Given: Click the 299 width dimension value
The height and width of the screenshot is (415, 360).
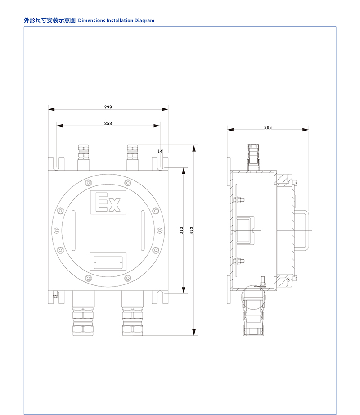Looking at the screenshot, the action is [108, 107].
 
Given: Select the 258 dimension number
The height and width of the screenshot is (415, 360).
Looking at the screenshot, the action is [108, 123].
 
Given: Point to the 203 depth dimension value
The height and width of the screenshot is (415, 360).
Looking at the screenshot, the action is [268, 127].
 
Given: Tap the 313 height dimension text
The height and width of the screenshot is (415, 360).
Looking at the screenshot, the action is [181, 230].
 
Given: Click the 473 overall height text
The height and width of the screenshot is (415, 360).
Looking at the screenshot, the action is [192, 230].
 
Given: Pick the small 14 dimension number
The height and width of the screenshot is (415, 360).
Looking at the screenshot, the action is [160, 151].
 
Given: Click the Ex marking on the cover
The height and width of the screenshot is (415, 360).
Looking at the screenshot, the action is [108, 202].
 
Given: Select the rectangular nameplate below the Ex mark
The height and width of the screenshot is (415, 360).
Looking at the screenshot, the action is [108, 262].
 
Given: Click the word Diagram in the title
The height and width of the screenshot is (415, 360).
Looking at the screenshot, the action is [144, 20].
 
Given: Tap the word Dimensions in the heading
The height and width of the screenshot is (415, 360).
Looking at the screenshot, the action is [91, 20].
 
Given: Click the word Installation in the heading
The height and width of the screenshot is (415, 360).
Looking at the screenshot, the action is [120, 20].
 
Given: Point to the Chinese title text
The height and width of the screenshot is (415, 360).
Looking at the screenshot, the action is [50, 20].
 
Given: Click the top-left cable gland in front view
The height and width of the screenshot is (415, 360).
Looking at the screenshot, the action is [84, 158].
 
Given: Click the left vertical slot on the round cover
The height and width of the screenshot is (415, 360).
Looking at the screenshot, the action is [73, 230].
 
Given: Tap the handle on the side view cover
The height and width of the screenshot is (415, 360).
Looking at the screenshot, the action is [301, 230].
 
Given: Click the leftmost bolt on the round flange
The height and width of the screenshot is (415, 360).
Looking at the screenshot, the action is [57, 230].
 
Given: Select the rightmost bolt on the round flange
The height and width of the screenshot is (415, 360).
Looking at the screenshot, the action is [159, 230].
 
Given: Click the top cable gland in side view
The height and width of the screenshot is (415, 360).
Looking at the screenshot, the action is [253, 157].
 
